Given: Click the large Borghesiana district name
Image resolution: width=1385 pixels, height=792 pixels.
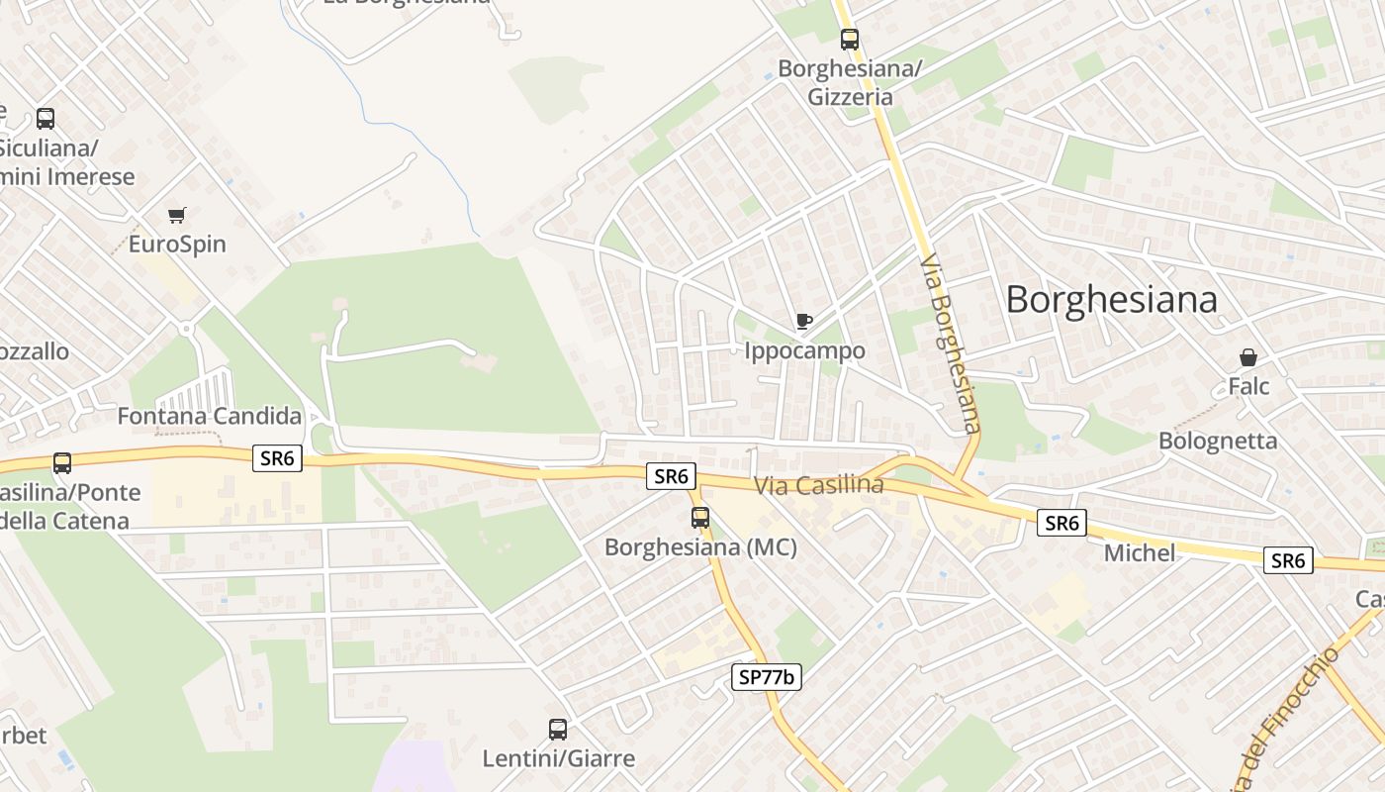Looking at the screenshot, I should point(1111,299).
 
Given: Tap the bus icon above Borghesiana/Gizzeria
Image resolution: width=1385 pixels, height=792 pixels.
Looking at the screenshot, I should point(850,40).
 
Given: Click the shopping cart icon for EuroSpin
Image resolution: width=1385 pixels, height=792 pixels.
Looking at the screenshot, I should point(177,215).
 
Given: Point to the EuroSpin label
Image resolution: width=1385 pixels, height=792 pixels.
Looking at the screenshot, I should point(177,244).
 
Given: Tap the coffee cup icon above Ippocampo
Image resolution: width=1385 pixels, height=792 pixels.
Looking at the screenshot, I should point(804,321).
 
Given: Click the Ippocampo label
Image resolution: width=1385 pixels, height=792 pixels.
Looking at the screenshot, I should point(804,350).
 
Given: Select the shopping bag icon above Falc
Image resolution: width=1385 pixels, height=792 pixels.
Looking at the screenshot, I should point(1248,357).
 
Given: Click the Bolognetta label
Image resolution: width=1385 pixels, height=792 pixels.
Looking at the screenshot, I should point(1218,441).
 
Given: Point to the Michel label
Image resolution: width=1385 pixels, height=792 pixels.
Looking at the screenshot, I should point(1140,552).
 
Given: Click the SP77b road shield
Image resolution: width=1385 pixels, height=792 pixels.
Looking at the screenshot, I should point(767,677).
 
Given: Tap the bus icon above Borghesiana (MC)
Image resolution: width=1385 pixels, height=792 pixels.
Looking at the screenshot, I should point(700,517).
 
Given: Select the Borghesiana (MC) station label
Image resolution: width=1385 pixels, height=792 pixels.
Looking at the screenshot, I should point(700,546).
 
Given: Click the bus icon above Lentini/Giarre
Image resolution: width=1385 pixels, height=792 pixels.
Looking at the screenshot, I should point(558,730).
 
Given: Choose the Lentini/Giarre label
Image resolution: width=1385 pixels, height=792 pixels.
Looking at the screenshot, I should point(558,759).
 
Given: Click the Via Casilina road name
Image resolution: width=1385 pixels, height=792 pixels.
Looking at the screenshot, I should point(818,485).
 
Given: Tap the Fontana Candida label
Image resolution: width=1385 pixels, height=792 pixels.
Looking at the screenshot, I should point(209,416).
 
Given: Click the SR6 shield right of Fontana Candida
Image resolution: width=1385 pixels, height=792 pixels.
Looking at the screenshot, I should point(277,458).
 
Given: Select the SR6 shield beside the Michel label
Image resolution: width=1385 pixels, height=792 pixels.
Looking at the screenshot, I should point(1062,523).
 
